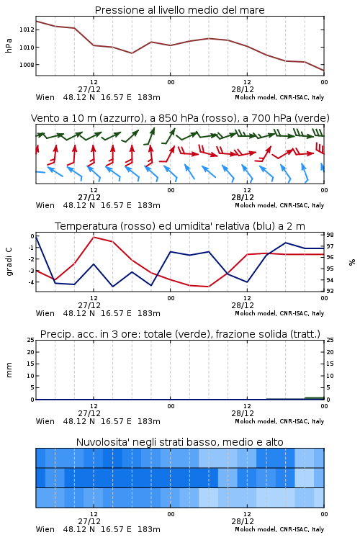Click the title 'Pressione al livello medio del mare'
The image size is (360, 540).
click(179, 10)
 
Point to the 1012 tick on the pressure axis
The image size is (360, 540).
click(27, 30)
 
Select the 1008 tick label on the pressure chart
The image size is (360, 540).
click(27, 65)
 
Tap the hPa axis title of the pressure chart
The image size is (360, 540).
click(9, 46)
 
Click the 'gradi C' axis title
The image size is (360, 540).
click(9, 261)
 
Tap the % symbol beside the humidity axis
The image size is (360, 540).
click(352, 262)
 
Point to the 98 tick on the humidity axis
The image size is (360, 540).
click(330, 235)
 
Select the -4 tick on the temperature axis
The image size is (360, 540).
click(31, 282)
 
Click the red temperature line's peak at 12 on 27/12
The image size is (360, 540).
click(94, 238)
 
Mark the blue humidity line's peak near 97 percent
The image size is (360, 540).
click(286, 243)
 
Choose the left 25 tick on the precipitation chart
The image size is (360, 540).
click(31, 340)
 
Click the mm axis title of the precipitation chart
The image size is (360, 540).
click(9, 370)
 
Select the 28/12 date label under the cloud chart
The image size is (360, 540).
click(243, 521)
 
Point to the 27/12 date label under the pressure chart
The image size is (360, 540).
click(89, 89)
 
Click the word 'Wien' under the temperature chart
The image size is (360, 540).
click(45, 313)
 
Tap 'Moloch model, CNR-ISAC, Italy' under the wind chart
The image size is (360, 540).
click(279, 205)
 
